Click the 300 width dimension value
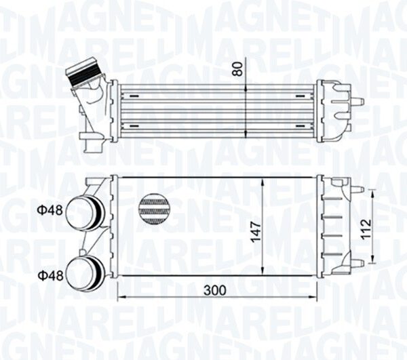[214, 290]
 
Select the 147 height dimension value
[256, 232]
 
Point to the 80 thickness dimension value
[237, 69]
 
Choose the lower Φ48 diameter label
[51, 276]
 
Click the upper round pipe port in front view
[85, 213]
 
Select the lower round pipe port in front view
[85, 273]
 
